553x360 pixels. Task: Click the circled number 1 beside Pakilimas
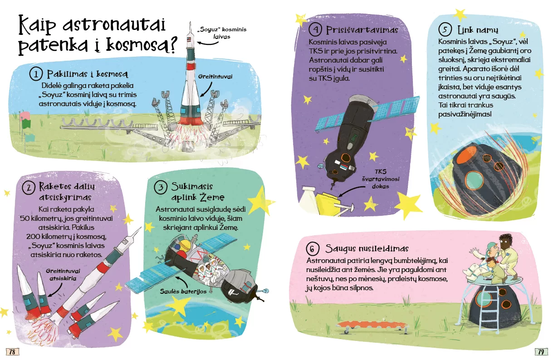36,74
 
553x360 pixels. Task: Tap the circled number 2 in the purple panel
29,188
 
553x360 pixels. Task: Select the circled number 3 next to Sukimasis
161,187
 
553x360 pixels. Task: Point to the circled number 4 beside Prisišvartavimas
315,29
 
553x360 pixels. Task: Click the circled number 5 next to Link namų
445,29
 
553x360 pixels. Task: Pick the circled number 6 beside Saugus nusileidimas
313,249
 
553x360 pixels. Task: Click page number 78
12,351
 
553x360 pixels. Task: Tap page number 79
541,351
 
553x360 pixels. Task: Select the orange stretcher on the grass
372,326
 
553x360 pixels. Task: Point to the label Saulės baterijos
183,292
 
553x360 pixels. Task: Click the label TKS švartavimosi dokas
381,179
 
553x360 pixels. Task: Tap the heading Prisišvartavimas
362,30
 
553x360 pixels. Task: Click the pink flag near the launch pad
25,116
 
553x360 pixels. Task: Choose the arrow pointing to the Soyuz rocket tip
208,44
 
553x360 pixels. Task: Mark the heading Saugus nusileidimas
367,248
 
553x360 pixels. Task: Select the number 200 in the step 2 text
33,236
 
